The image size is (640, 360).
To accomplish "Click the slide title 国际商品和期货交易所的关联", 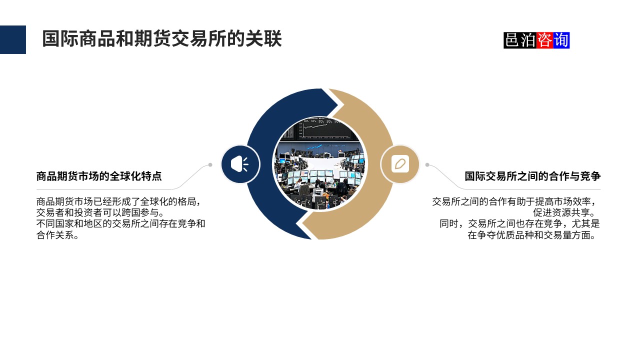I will coord(161,39).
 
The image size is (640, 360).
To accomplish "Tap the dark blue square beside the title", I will coord(13,39).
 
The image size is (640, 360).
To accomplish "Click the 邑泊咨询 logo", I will coord(536,40).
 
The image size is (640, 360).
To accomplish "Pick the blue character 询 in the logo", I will coord(561,40).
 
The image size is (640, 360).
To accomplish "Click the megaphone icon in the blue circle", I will coord(240,164).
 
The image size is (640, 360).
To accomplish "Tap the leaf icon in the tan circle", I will coord(400,164).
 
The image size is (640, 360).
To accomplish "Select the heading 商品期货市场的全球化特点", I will coord(99,176).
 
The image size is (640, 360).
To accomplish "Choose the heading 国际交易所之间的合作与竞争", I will coord(532,176).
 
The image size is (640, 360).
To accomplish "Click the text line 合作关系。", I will coord(58,235).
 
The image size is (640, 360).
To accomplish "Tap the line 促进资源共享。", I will coord(566,212).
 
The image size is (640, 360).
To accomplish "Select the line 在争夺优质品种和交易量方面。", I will coord(533,235).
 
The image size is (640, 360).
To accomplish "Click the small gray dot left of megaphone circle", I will coord(210,164).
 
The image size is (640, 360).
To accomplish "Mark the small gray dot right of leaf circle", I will coord(427,164).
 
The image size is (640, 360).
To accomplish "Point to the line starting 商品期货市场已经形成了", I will coord(120,201).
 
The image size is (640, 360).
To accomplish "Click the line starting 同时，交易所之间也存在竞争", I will coord(519,223).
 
